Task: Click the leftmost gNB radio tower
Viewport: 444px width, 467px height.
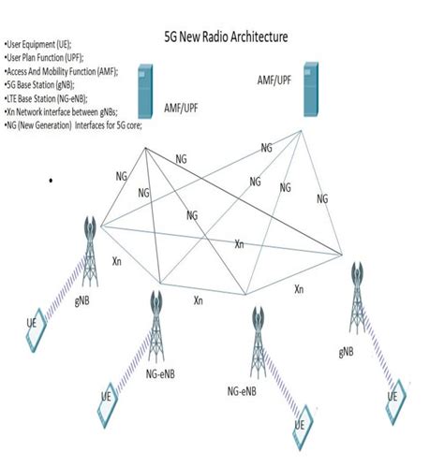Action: [x=92, y=244]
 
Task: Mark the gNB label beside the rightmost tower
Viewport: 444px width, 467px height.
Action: [x=347, y=352]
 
